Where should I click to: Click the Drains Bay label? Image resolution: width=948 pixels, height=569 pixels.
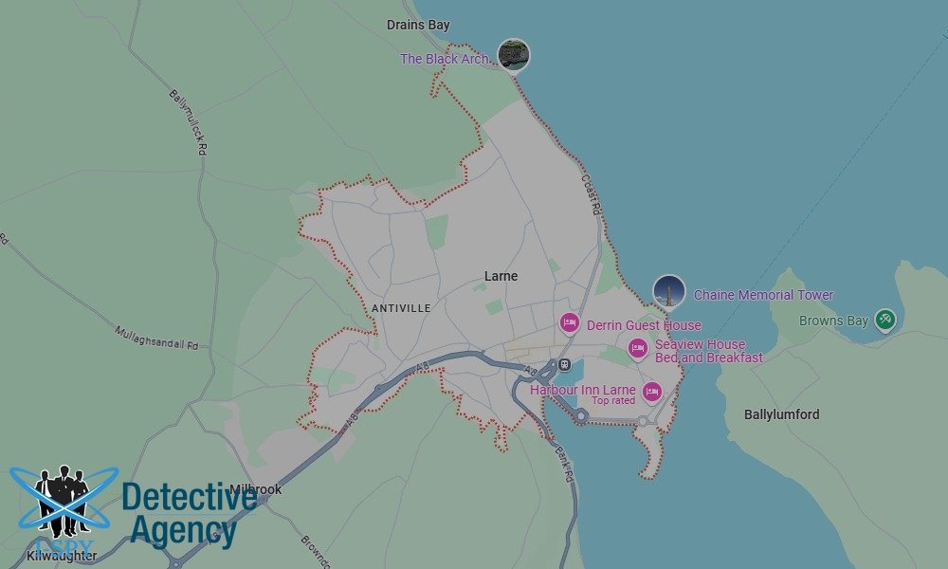pyautogui.click(x=418, y=25)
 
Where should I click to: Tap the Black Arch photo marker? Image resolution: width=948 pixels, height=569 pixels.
pyautogui.click(x=513, y=54)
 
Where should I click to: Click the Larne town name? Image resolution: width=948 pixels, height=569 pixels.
pyautogui.click(x=501, y=276)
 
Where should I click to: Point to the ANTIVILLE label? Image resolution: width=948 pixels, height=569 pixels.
pyautogui.click(x=401, y=308)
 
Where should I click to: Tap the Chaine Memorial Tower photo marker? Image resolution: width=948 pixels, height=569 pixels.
pyautogui.click(x=669, y=292)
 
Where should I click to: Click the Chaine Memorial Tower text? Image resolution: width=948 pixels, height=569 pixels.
pyautogui.click(x=763, y=295)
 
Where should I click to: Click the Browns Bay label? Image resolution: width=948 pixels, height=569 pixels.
pyautogui.click(x=833, y=321)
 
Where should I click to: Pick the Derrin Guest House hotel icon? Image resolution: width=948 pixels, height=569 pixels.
pyautogui.click(x=569, y=323)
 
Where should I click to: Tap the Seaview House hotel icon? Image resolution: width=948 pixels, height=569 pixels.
pyautogui.click(x=638, y=349)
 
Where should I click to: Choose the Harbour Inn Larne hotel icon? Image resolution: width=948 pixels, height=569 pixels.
pyautogui.click(x=651, y=390)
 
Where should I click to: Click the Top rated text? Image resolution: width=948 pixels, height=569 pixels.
pyautogui.click(x=613, y=401)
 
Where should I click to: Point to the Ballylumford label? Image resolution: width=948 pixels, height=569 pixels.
pyautogui.click(x=781, y=414)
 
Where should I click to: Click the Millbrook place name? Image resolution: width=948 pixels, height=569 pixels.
pyautogui.click(x=254, y=489)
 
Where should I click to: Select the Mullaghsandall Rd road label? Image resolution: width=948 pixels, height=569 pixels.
pyautogui.click(x=155, y=339)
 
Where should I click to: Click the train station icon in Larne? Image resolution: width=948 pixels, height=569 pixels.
pyautogui.click(x=564, y=364)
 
